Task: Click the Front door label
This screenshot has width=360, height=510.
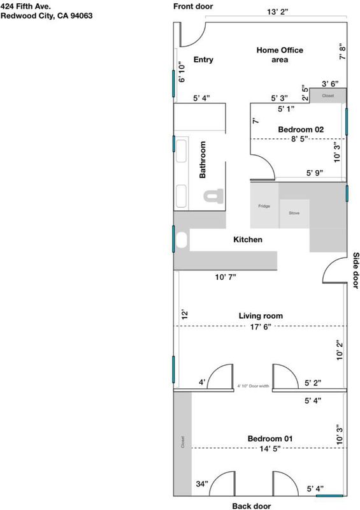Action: pyautogui.click(x=193, y=6)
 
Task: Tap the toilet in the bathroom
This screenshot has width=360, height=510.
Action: pyautogui.click(x=213, y=196)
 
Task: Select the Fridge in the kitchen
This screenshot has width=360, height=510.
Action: pyautogui.click(x=264, y=205)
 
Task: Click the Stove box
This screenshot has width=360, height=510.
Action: pyautogui.click(x=294, y=214)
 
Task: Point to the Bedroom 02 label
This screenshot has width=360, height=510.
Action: pyautogui.click(x=301, y=129)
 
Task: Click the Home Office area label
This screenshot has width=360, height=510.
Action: pyautogui.click(x=280, y=55)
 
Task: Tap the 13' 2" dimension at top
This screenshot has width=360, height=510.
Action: pyautogui.click(x=278, y=12)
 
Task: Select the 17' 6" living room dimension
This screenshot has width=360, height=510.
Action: pyautogui.click(x=261, y=327)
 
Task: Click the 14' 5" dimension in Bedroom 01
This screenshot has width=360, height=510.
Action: pyautogui.click(x=270, y=449)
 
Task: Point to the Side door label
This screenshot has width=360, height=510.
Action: pyautogui.click(x=356, y=270)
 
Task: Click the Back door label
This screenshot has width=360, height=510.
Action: pyautogui.click(x=252, y=506)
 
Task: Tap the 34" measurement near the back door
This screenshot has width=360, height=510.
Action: pyautogui.click(x=202, y=484)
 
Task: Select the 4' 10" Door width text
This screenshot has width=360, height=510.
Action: pyautogui.click(x=253, y=386)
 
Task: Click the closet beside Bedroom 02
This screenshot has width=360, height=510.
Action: pyautogui.click(x=328, y=96)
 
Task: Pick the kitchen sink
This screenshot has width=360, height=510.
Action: pyautogui.click(x=182, y=240)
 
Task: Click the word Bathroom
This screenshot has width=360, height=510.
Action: pyautogui.click(x=203, y=160)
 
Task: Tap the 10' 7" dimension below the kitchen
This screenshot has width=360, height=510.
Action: pyautogui.click(x=226, y=277)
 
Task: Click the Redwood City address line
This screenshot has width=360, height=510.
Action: pyautogui.click(x=47, y=15)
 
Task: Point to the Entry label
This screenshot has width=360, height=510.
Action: pyautogui.click(x=204, y=59)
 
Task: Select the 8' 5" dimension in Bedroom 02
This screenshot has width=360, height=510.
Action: pyautogui.click(x=299, y=139)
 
